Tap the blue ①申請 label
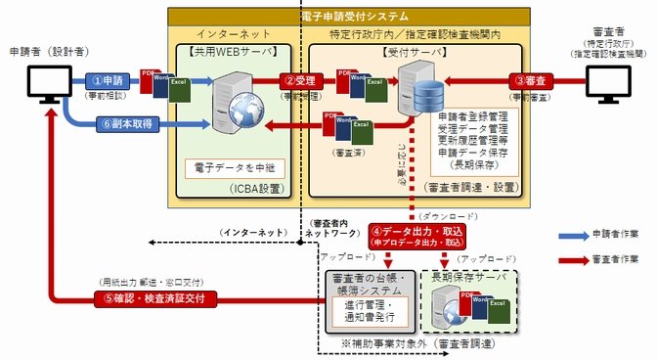(109, 80)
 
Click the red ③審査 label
(536, 80)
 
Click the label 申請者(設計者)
(39, 49)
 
